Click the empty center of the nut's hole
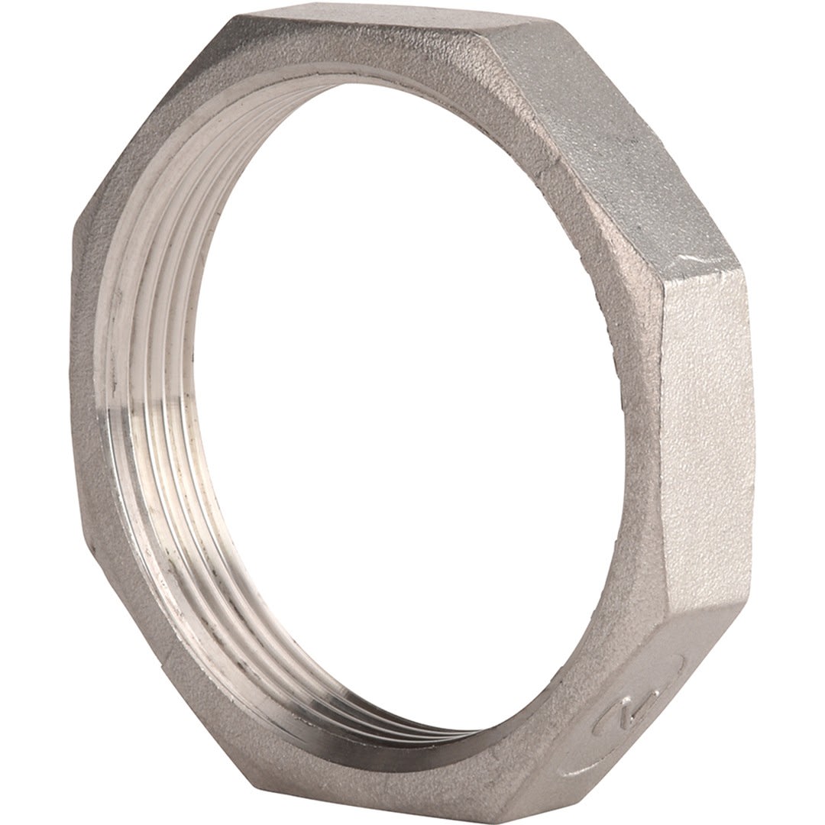(x=412, y=397)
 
